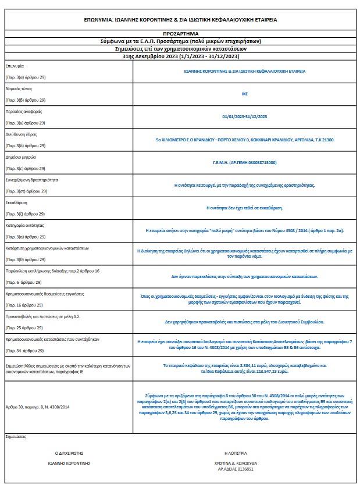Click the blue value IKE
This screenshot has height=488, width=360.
pyautogui.click(x=244, y=94)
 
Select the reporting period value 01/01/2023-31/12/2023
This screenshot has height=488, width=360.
pyautogui.click(x=244, y=116)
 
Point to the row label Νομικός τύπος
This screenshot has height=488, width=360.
pyautogui.click(x=19, y=88)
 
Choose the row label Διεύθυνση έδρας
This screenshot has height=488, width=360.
pyautogui.click(x=22, y=134)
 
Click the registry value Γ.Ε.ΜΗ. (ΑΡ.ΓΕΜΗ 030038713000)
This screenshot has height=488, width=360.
pyautogui.click(x=244, y=162)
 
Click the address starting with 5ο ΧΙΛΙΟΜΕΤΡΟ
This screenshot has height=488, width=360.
pyautogui.click(x=244, y=140)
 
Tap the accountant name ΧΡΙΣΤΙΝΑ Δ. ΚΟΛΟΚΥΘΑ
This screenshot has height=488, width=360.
pyautogui.click(x=236, y=462)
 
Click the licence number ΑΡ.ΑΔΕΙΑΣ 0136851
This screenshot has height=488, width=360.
pyautogui.click(x=236, y=468)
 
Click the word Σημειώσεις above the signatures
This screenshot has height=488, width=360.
pyautogui.click(x=16, y=436)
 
